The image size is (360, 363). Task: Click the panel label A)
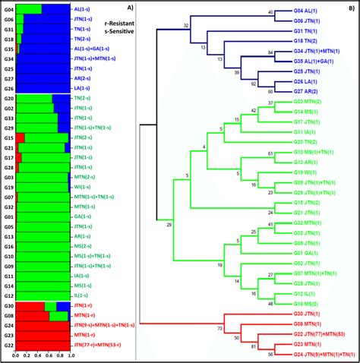coord(130,8)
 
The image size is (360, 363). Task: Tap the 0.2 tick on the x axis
coord(27,355)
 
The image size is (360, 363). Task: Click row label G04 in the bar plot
coord(8,9)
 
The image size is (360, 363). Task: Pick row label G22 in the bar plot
coord(8,344)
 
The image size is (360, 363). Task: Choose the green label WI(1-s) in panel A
coord(84,186)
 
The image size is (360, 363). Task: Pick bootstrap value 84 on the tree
coord(271,52)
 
